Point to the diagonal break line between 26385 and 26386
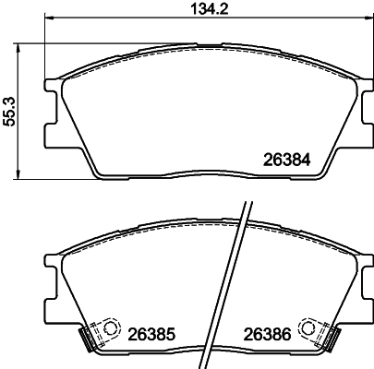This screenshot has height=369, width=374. click(238, 277)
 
